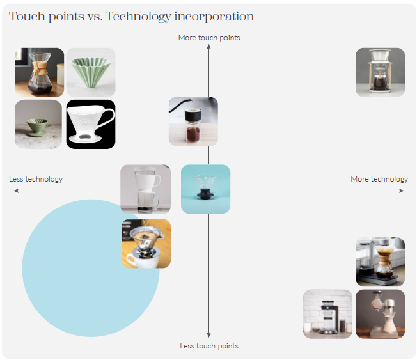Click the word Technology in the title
pos(132,17)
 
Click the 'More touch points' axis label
pos(209,38)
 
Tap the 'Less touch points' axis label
pos(209,346)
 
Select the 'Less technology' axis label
pos(36,179)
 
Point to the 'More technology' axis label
pos(379,179)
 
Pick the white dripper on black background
pos(91,124)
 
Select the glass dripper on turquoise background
pos(205,189)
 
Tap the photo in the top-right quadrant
pos(380,72)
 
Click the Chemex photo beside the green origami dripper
pos(39,72)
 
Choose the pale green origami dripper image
pos(91,72)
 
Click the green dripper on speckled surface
pos(38,124)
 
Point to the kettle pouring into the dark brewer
pos(193,121)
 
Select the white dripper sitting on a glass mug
pos(145,189)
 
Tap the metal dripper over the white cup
pos(146,244)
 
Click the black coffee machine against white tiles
pos(327,314)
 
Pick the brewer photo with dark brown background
pos(380,314)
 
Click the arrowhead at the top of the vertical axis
pos(209,48)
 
